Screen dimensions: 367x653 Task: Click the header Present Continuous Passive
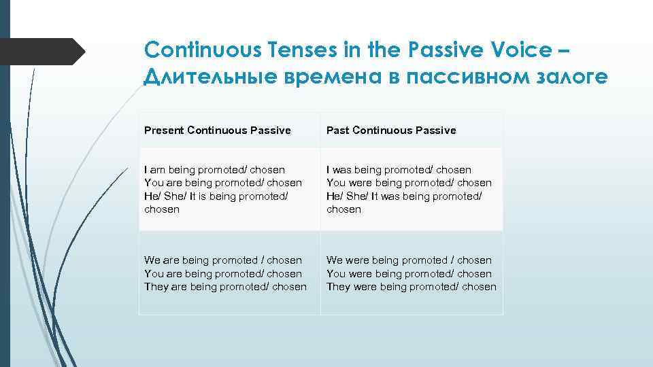point(217,130)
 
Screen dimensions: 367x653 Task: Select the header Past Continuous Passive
point(391,130)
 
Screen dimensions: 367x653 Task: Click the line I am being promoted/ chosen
point(214,169)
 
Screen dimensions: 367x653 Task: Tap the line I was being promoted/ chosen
point(399,169)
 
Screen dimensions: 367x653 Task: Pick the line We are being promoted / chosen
point(222,260)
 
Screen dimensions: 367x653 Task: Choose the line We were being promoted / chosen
point(409,260)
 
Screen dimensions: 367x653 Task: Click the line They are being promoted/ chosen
point(225,286)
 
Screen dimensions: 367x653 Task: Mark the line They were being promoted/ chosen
point(412,286)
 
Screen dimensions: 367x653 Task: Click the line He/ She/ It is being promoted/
point(216,196)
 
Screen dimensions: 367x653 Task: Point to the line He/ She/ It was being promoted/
point(404,196)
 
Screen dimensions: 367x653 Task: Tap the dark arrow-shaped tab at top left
point(41,51)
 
